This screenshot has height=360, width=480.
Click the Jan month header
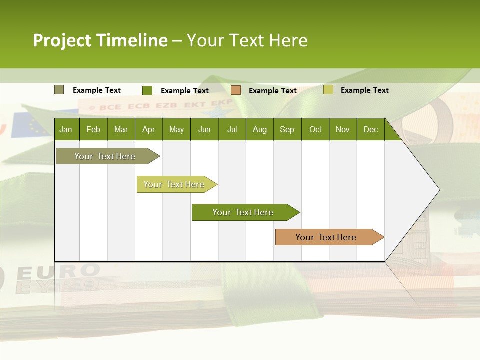click(x=66, y=129)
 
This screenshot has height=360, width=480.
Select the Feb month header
click(x=93, y=129)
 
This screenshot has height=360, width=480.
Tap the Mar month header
click(x=121, y=129)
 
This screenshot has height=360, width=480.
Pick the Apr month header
click(x=149, y=129)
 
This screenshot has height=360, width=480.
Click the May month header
click(x=176, y=129)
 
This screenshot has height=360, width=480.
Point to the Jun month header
click(x=204, y=129)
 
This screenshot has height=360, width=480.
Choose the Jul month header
click(x=232, y=129)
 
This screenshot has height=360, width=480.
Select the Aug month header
click(x=260, y=129)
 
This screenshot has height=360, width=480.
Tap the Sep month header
click(x=287, y=129)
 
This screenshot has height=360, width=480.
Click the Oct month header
click(x=315, y=129)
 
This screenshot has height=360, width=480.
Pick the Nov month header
click(x=343, y=129)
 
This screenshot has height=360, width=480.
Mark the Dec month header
click(x=371, y=129)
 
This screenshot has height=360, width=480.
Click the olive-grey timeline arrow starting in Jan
click(x=105, y=156)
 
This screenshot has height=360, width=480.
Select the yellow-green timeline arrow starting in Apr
click(x=174, y=184)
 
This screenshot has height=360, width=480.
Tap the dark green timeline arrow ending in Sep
click(x=243, y=212)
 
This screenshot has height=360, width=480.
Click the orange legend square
click(x=236, y=90)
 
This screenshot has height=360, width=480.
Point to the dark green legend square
click(x=147, y=90)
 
